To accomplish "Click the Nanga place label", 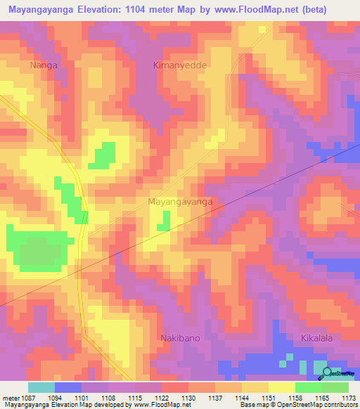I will tap(44, 65).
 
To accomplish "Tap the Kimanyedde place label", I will tap(179, 65).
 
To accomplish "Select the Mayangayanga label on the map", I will tap(180, 202).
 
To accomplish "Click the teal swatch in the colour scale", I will tap(41, 387).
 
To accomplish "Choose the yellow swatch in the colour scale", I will tap(281, 387).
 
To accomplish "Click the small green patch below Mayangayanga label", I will tap(163, 221).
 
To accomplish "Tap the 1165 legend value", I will tap(322, 397).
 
